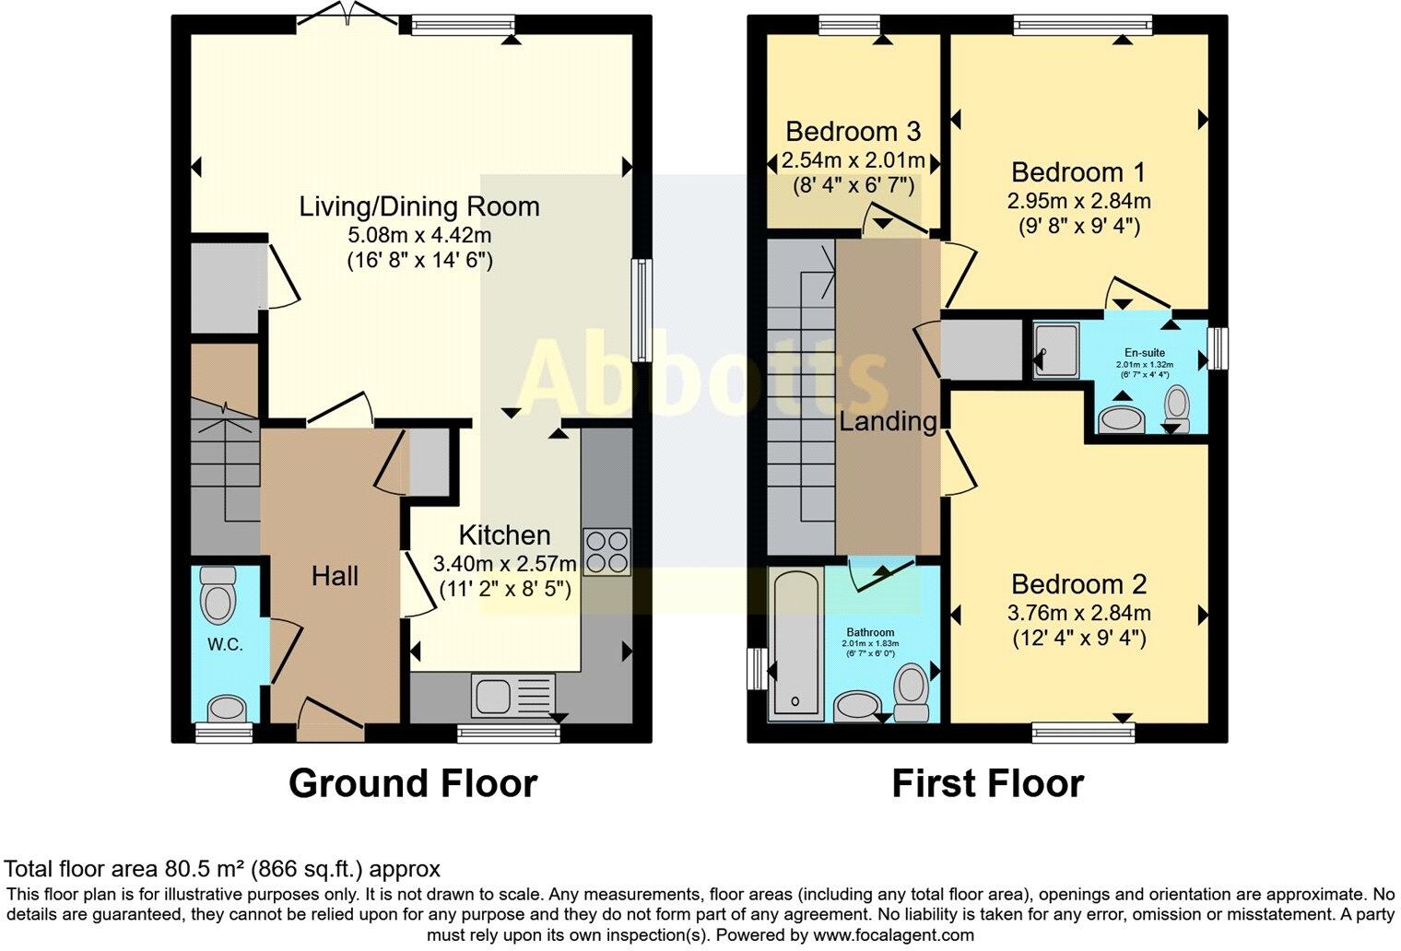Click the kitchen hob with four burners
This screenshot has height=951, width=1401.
[x=606, y=551]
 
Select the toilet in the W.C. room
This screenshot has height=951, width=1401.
[x=218, y=594]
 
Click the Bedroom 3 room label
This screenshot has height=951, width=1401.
[x=853, y=132]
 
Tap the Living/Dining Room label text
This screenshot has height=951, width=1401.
[x=419, y=206]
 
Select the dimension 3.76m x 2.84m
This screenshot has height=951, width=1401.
[x=1080, y=613]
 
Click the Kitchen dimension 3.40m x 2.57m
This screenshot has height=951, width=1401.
[x=504, y=563]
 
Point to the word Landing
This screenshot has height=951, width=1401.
[x=887, y=422]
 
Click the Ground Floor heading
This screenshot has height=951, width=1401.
[x=412, y=783]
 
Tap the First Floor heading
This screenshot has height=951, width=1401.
[x=987, y=783]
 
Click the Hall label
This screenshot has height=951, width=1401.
[x=335, y=577]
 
